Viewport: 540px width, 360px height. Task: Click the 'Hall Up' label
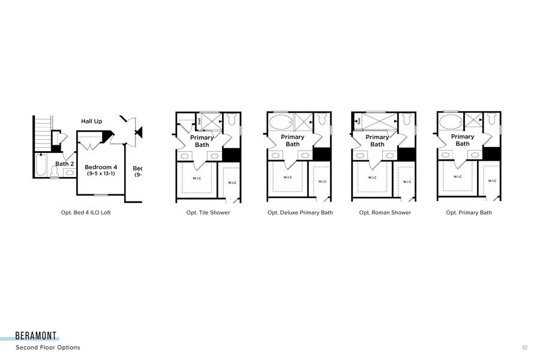[92, 121]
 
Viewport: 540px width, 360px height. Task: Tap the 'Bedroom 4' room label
[101, 167]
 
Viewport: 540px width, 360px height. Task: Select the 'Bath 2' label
[65, 163]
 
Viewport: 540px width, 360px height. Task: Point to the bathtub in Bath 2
[41, 165]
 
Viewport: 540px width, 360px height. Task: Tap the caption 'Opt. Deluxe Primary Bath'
[300, 212]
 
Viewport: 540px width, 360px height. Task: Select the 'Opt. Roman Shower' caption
[385, 212]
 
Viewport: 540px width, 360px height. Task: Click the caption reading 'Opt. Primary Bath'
[469, 212]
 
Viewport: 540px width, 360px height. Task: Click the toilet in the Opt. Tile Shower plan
[230, 121]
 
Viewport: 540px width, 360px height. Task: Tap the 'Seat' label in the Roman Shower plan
[358, 121]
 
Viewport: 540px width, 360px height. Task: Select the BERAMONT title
[37, 337]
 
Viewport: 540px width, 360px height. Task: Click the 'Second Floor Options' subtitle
[48, 347]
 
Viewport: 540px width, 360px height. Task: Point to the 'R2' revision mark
[525, 347]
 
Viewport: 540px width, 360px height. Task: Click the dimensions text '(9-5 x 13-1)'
[101, 174]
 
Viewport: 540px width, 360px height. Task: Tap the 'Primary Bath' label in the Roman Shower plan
[377, 140]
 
